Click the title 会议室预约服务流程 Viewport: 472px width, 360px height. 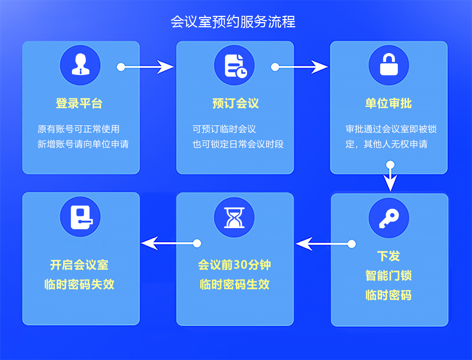[x=233, y=22]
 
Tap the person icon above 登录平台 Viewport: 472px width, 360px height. [x=80, y=65]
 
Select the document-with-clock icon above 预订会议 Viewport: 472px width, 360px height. [x=235, y=65]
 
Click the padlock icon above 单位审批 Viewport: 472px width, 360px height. [x=389, y=65]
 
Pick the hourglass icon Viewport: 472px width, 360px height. [x=235, y=217]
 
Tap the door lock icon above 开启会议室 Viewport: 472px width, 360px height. [x=80, y=217]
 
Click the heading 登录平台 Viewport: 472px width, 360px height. [x=79, y=104]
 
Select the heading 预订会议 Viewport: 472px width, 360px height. [x=236, y=104]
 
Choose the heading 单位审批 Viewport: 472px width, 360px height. [x=388, y=104]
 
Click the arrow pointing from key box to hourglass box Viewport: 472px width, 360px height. [x=323, y=244]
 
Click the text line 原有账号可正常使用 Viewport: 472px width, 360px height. [x=79, y=129]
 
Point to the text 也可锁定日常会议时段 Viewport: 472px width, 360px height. [x=238, y=144]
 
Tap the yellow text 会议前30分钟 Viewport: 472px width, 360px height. [x=235, y=265]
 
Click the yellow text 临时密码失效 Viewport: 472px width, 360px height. [x=79, y=284]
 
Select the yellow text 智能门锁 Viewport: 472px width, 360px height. [x=389, y=276]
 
